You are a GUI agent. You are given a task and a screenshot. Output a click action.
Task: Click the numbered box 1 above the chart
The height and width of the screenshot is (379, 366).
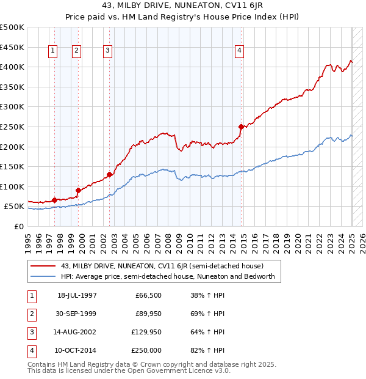(53, 51)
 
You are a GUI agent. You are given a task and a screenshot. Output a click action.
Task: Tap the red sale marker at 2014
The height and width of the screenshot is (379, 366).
(241, 127)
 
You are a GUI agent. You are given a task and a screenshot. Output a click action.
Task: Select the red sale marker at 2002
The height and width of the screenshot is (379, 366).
(110, 174)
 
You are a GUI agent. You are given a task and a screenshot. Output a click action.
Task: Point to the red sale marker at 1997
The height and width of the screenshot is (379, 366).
(55, 200)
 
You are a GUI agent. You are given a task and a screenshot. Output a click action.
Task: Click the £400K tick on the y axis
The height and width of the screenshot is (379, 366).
(12, 67)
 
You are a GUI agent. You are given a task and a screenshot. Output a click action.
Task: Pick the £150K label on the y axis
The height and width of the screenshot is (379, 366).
(12, 166)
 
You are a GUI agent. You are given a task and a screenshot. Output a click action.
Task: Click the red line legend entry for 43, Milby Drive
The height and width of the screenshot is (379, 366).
(162, 266)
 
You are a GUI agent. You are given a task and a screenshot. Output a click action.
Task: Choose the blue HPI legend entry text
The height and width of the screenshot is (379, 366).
(168, 276)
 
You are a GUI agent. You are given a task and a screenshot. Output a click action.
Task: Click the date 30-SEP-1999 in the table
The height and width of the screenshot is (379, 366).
(77, 314)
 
